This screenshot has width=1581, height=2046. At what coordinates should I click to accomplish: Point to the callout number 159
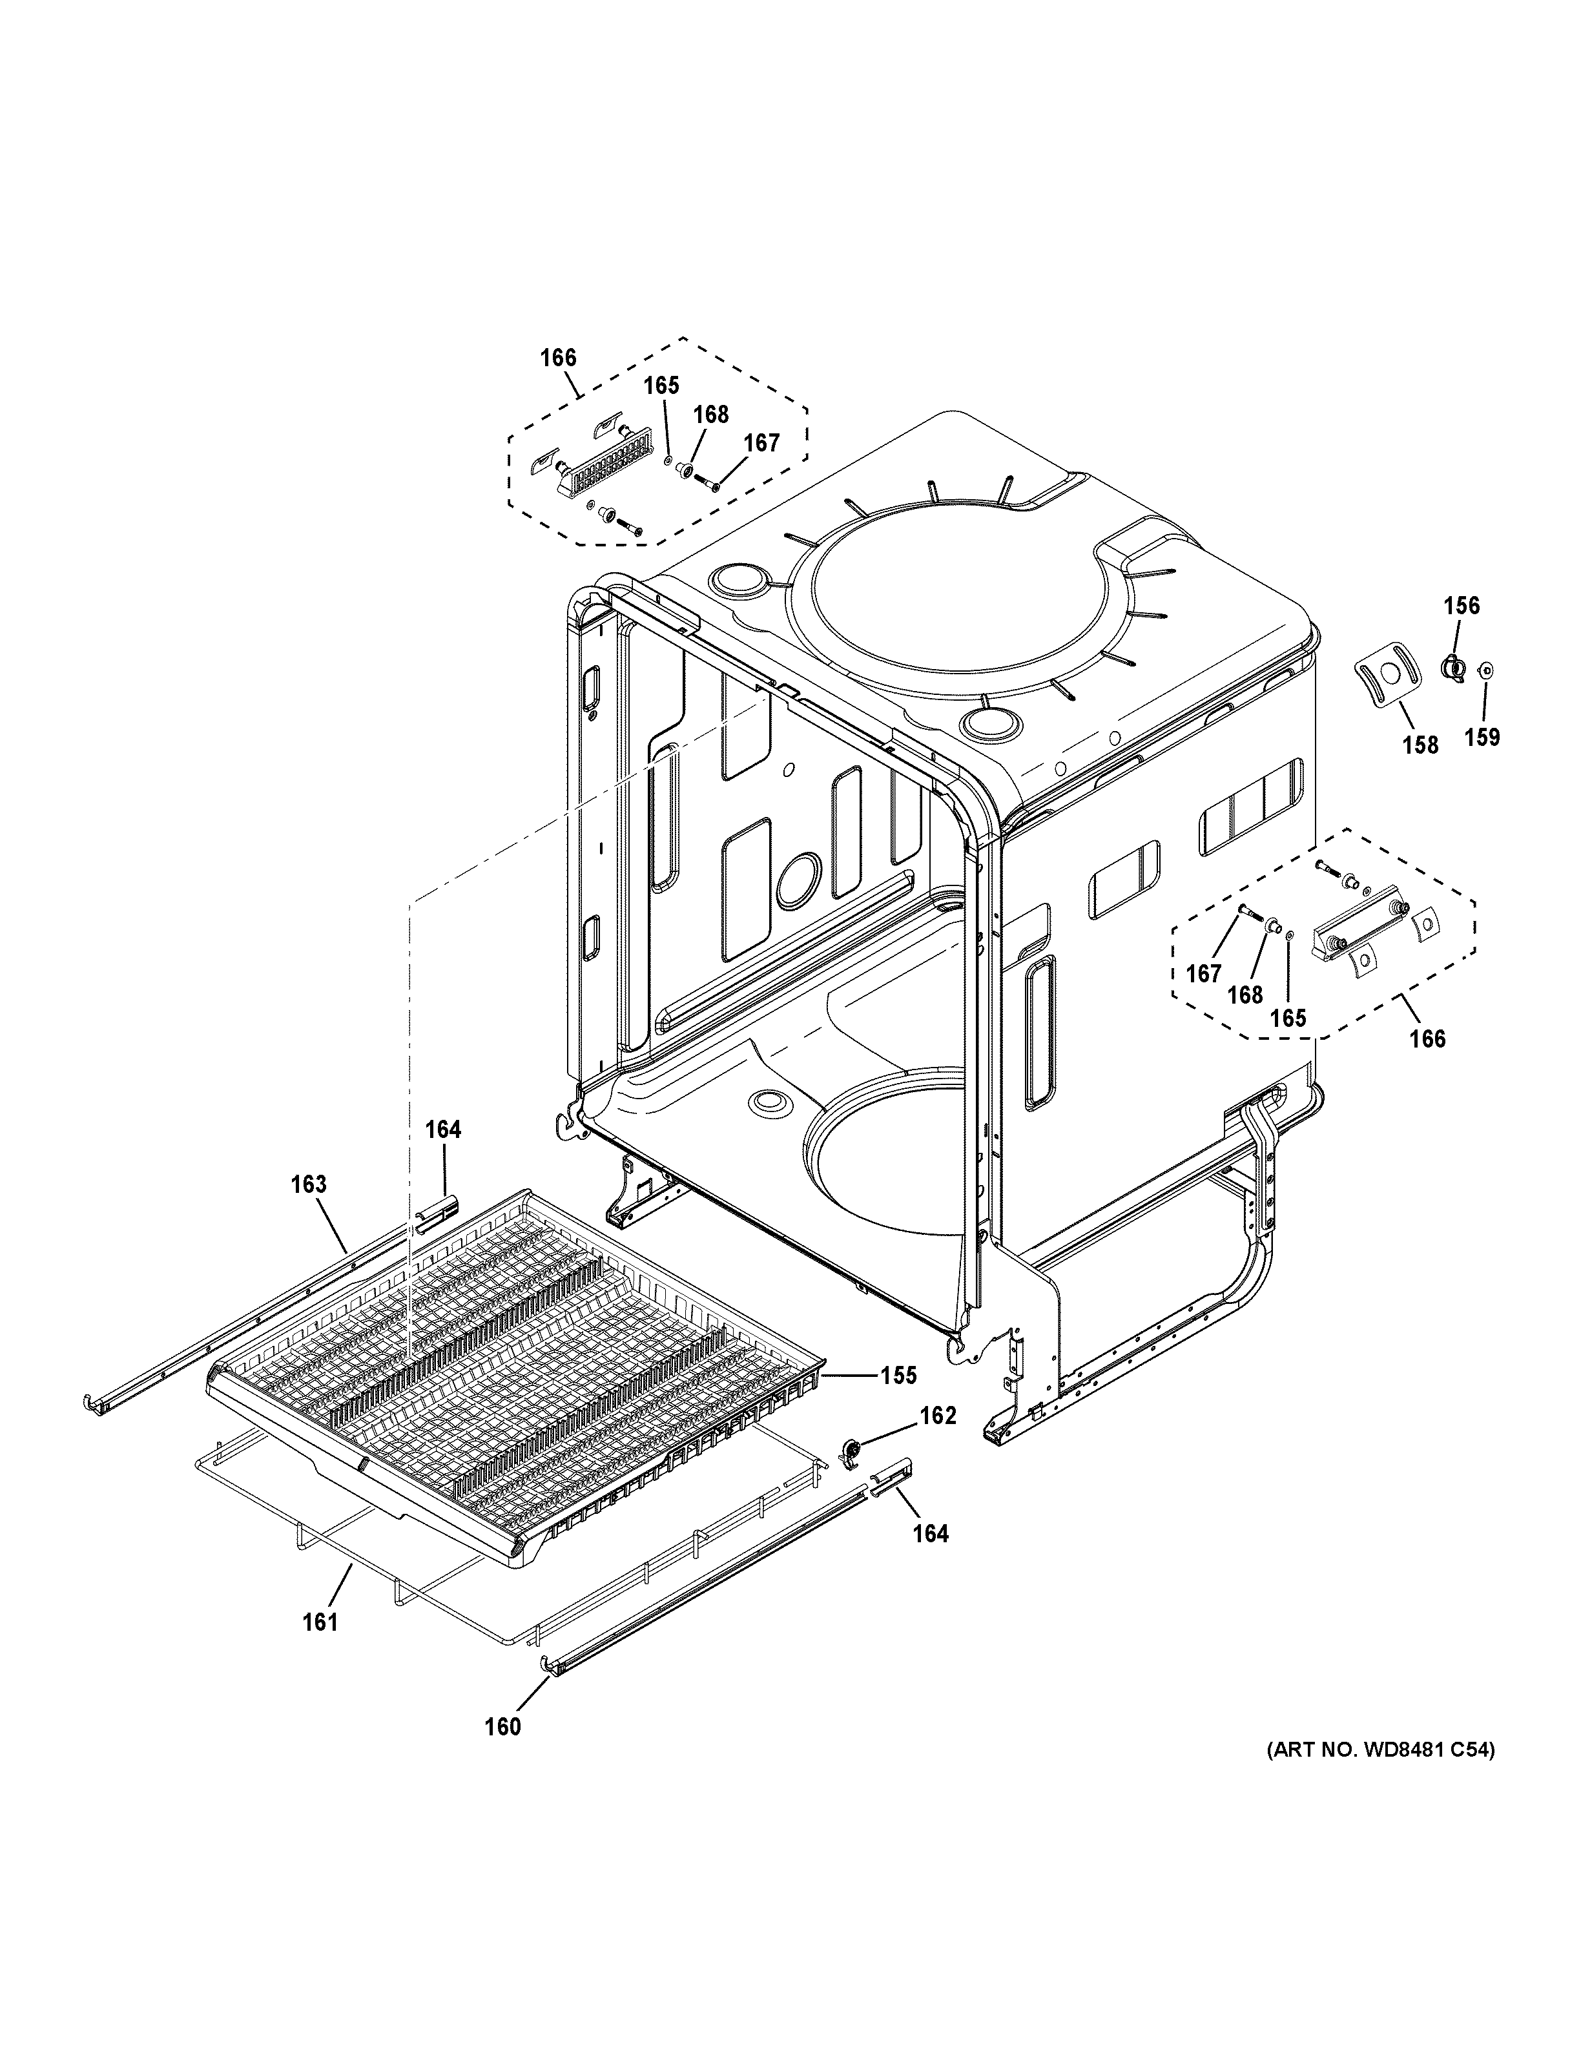click(1482, 738)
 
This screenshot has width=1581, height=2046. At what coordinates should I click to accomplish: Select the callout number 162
click(938, 1416)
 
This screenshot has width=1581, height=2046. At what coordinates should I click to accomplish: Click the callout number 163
click(308, 1184)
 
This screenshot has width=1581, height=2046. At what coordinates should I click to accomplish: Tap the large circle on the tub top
click(960, 586)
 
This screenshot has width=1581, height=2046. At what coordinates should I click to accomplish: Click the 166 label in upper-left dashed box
click(558, 358)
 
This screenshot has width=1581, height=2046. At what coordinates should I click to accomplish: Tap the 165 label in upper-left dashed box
click(661, 386)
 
